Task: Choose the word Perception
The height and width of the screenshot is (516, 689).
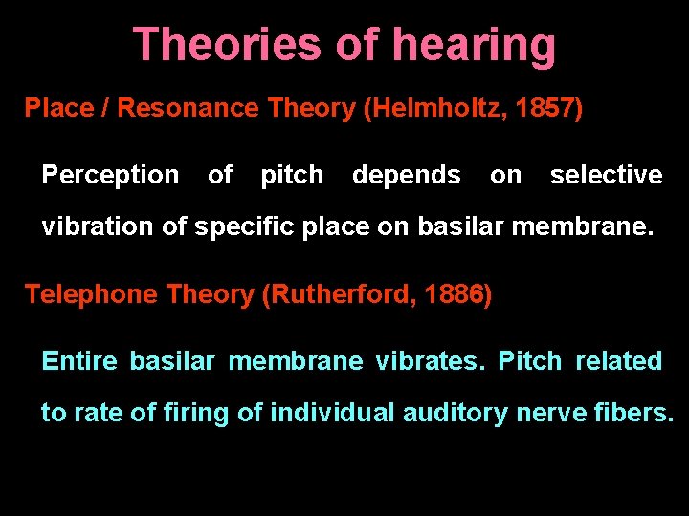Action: [110, 175]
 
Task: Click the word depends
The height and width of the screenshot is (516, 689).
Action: [406, 175]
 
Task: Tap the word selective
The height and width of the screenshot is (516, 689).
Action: [606, 175]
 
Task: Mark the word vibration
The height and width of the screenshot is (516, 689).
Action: [92, 227]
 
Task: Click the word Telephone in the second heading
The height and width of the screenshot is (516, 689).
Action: [92, 294]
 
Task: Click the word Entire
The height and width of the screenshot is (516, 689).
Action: [79, 361]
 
